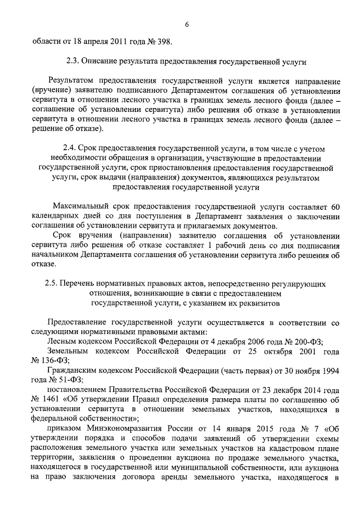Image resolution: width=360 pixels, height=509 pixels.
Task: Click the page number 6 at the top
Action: coord(186,23)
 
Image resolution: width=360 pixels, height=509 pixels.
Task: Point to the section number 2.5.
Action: coord(52,284)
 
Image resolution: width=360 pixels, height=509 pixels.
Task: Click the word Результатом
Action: coord(73,82)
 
